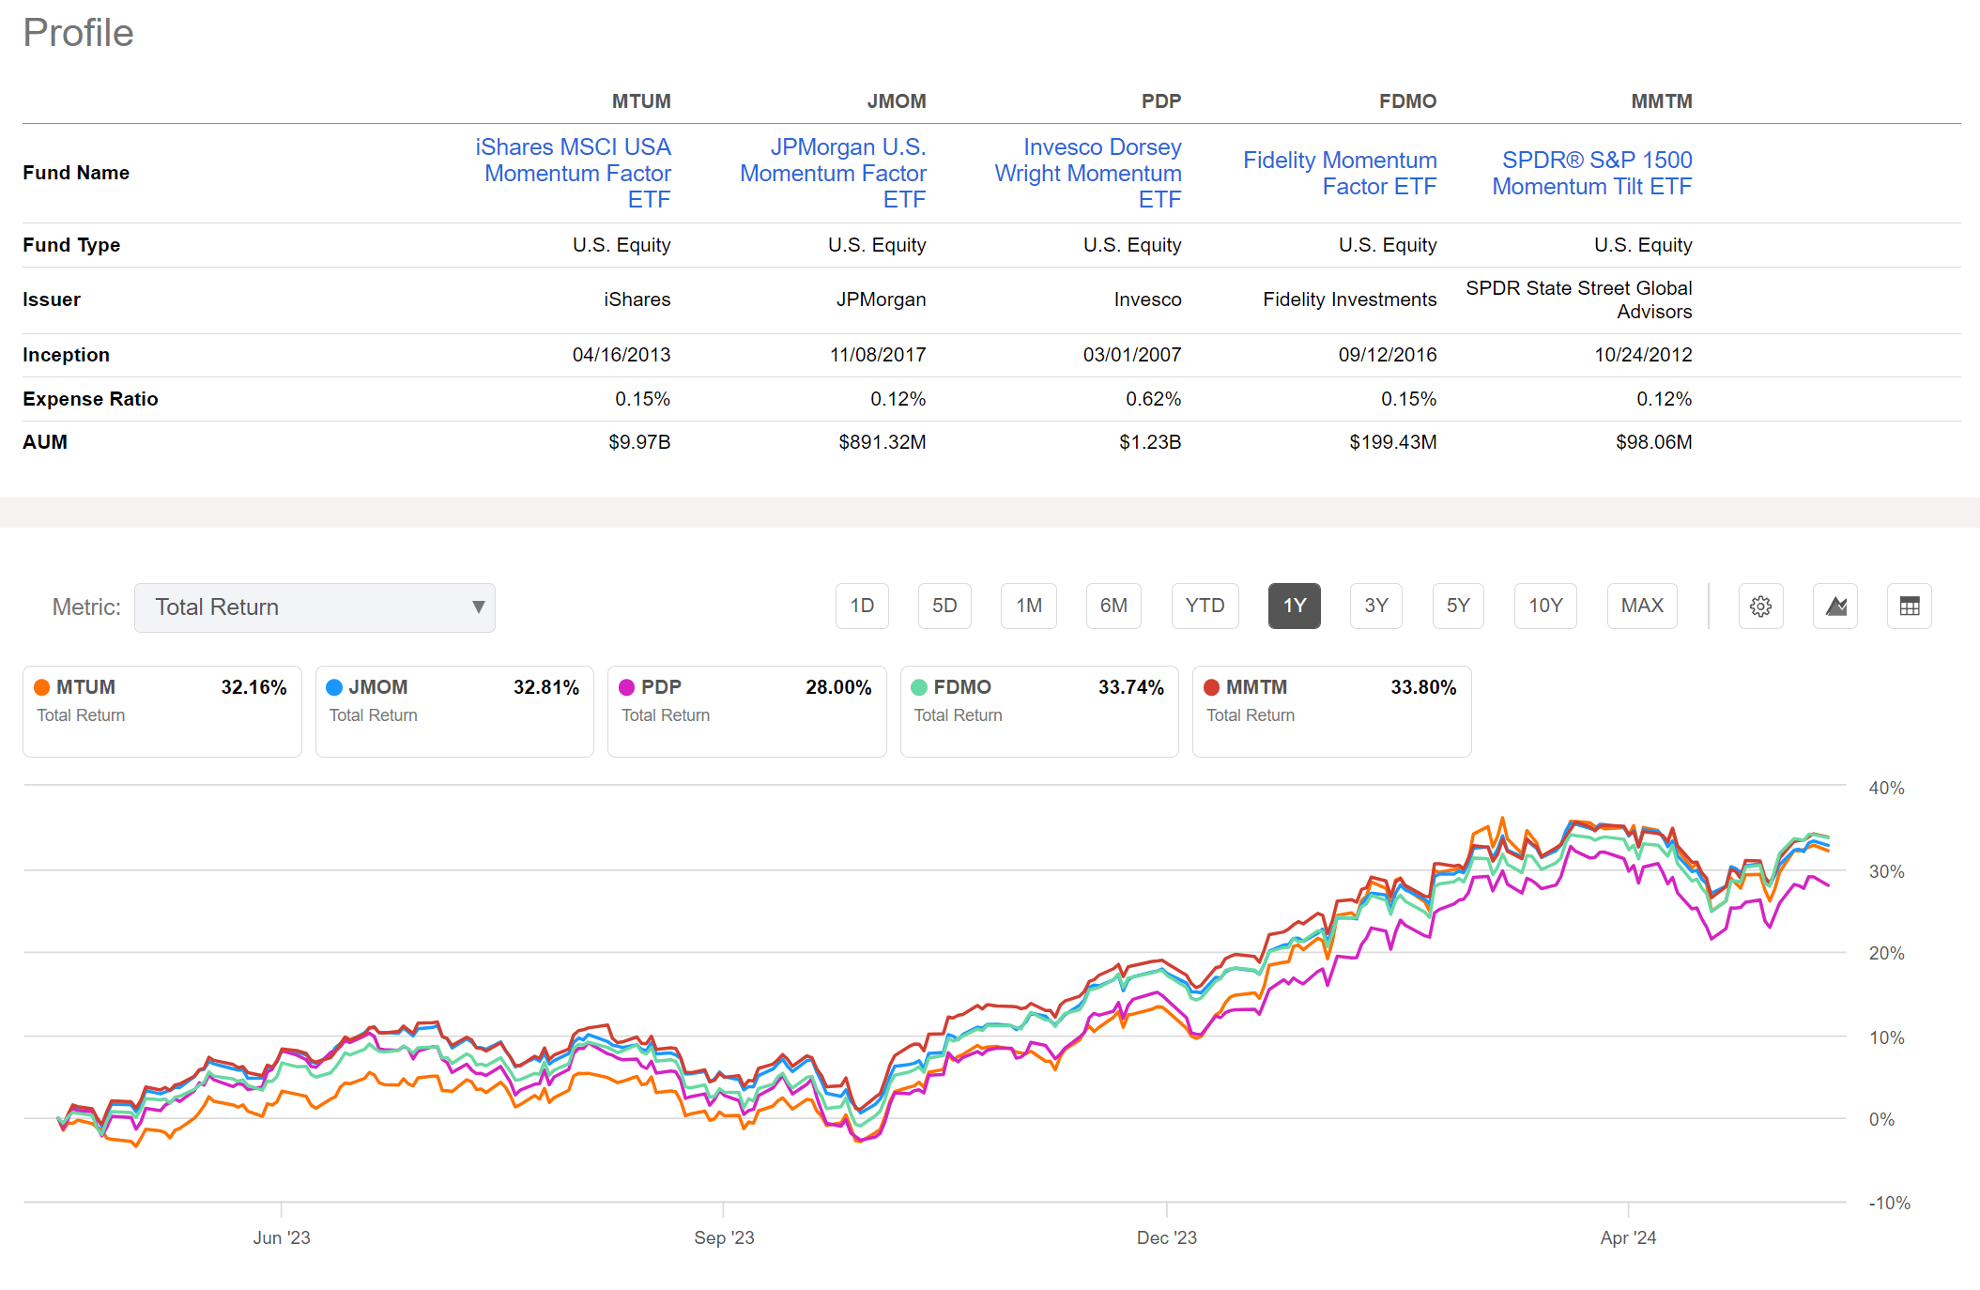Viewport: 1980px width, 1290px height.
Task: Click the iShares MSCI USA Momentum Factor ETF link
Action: point(574,174)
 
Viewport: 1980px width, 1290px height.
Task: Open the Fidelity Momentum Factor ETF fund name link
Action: point(1340,174)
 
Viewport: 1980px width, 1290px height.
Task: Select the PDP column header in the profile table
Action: point(1160,101)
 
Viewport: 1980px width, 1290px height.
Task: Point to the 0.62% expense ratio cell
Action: point(1153,399)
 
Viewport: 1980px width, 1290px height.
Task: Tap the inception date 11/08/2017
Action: point(877,355)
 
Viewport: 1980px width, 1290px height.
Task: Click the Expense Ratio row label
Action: point(90,399)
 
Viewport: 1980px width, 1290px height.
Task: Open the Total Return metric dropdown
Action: point(315,607)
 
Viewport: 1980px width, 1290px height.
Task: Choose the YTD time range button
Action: point(1205,606)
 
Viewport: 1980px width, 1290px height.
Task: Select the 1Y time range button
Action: point(1294,606)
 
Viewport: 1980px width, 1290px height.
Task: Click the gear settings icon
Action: point(1760,607)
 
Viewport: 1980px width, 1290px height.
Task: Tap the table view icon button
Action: point(1909,607)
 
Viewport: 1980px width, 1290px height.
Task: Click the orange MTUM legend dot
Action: point(42,687)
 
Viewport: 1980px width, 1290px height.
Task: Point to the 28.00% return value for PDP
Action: point(837,687)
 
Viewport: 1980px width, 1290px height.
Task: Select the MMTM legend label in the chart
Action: point(1256,687)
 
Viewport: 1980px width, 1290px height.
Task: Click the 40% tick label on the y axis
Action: point(1886,789)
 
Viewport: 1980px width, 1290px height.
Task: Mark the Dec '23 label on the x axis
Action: point(1166,1237)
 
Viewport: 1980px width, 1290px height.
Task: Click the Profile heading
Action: point(78,33)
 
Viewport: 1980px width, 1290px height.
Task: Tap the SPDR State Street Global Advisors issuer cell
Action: point(1578,299)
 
